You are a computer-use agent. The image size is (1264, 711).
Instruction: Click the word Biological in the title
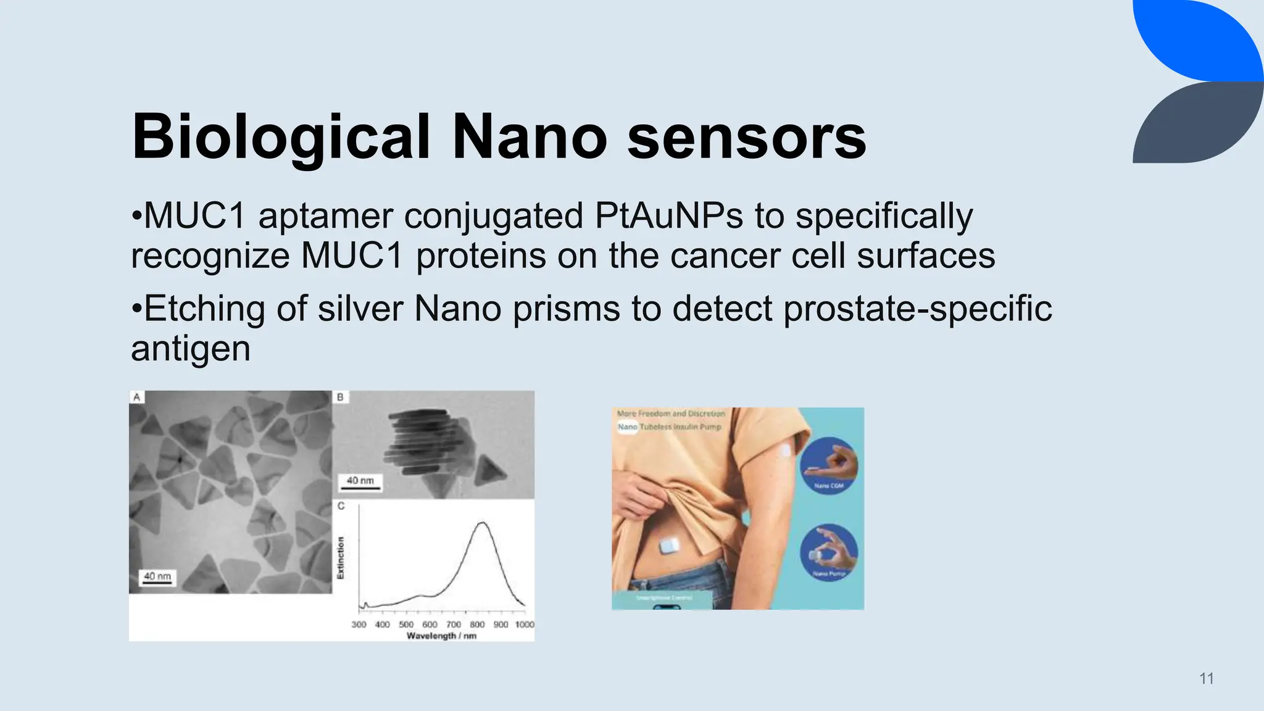coord(281,137)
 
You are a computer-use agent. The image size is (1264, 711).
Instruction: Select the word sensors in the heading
coord(747,137)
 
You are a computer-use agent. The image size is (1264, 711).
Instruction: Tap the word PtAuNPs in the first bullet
coord(669,216)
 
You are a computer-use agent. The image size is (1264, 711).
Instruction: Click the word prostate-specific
coord(918,308)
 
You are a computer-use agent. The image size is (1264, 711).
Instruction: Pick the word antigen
coord(191,349)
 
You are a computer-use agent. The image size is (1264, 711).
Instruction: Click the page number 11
coord(1207,678)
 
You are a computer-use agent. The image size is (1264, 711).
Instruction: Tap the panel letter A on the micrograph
coord(136,397)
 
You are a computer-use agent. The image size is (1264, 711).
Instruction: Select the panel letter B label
coord(340,397)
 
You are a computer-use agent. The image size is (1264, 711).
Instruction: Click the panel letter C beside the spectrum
coord(341,506)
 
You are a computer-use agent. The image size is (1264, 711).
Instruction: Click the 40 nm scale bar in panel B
coord(360,483)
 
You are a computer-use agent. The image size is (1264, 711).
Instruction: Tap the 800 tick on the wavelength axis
coord(477,625)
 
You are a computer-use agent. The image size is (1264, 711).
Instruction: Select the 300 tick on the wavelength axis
coord(359,625)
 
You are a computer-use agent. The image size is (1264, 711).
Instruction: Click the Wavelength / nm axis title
coord(441,636)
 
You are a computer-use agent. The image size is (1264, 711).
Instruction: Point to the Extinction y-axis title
coord(340,557)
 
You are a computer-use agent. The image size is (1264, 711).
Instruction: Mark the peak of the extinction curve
coord(483,523)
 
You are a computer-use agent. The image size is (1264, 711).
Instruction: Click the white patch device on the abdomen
coord(670,546)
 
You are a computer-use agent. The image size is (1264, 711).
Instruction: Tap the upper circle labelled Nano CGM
coord(829,465)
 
